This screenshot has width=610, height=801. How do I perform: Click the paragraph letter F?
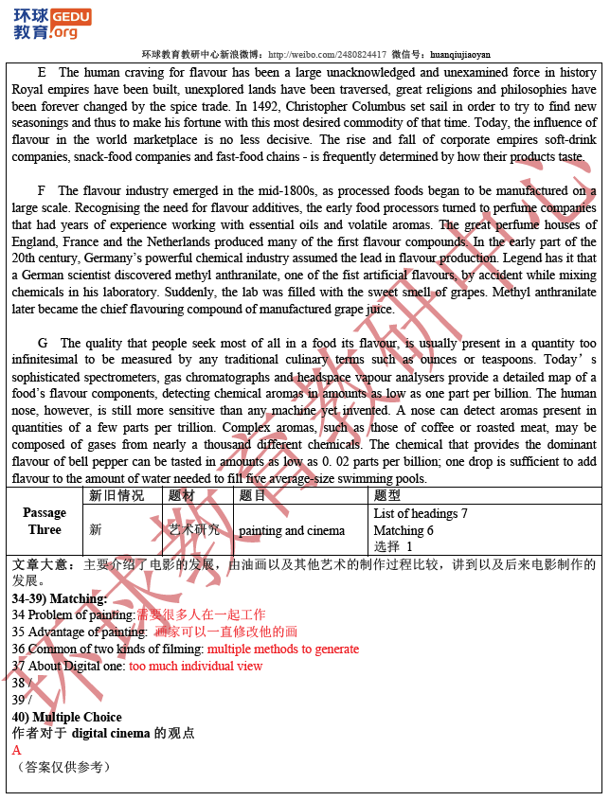click(x=42, y=191)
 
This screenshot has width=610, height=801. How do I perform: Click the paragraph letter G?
click(x=43, y=343)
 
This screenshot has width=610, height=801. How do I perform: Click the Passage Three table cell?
click(x=45, y=521)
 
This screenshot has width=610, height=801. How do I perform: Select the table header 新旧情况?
click(x=117, y=496)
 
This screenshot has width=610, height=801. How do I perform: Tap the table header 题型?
click(x=387, y=496)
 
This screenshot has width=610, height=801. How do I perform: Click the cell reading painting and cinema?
click(x=292, y=531)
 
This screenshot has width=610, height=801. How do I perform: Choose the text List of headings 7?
click(x=421, y=514)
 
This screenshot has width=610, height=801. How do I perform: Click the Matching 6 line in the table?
click(x=404, y=531)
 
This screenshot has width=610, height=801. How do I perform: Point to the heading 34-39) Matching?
click(x=60, y=598)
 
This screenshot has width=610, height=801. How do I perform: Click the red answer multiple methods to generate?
click(x=283, y=650)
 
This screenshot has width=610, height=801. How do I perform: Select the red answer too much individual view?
click(x=196, y=667)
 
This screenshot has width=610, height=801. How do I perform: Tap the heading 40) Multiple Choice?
click(x=67, y=717)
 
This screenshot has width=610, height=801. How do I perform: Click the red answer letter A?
click(x=17, y=750)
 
